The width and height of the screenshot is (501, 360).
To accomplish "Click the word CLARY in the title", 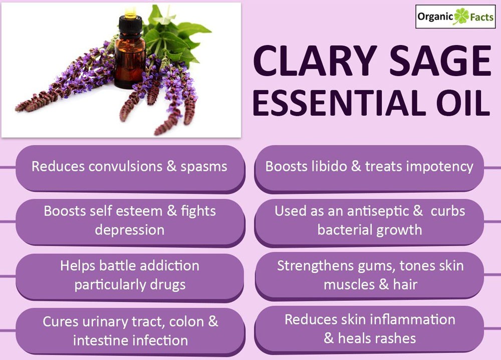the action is click(x=315, y=61).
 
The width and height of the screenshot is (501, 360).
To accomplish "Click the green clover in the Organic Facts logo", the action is click(x=461, y=17).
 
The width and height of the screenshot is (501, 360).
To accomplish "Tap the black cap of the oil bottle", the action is click(x=130, y=24).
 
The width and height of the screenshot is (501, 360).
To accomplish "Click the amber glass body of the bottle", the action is click(x=130, y=61).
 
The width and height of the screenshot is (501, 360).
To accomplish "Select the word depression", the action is click(x=129, y=230).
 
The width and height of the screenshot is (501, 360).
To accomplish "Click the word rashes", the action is click(x=396, y=338).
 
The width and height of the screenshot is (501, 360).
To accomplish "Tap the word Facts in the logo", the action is click(x=481, y=17).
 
